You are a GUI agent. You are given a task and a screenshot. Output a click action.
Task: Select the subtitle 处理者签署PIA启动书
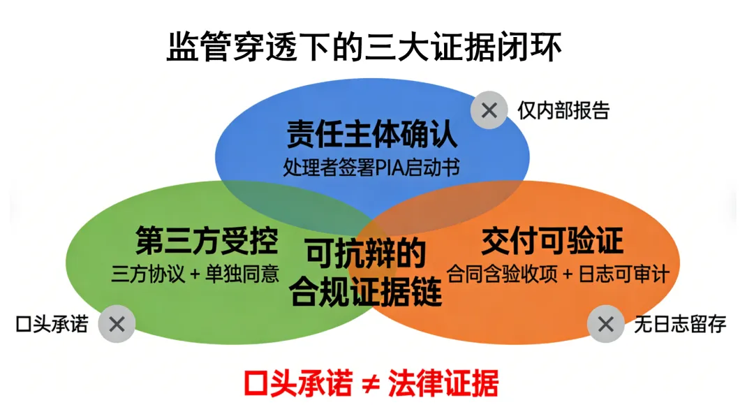pos(371,168)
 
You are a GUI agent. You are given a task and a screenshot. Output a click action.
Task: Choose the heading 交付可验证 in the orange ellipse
pos(552,242)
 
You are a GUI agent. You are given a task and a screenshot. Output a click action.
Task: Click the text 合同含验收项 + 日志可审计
pos(556,274)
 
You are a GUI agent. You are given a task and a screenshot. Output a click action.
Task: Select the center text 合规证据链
pos(366,293)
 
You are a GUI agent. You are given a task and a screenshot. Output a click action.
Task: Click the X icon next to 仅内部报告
pos(489,110)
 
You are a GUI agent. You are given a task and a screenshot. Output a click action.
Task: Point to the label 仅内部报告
pos(563,110)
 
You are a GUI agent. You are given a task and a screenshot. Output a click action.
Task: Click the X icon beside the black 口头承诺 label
pos(117,323)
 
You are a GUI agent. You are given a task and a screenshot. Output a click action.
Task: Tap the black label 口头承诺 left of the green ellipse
pos(52,324)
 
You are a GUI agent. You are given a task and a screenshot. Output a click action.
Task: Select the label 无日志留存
pos(680,324)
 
